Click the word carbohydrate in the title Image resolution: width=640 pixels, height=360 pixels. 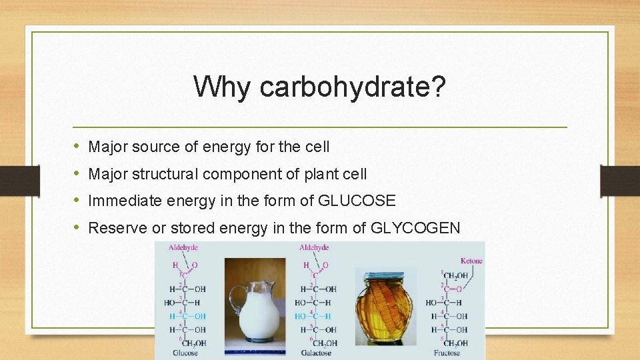click(x=351, y=87)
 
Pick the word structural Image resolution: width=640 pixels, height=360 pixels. click(x=165, y=173)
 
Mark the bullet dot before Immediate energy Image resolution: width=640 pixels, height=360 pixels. click(x=77, y=200)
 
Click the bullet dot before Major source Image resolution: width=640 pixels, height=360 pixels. click(x=77, y=145)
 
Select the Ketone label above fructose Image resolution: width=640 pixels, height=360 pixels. click(x=471, y=261)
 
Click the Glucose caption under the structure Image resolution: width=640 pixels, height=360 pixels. click(x=185, y=353)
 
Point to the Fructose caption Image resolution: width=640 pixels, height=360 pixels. click(x=446, y=353)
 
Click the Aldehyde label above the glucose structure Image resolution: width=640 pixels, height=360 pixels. click(x=183, y=247)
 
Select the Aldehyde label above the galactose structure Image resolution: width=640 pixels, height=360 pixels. click(x=314, y=247)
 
